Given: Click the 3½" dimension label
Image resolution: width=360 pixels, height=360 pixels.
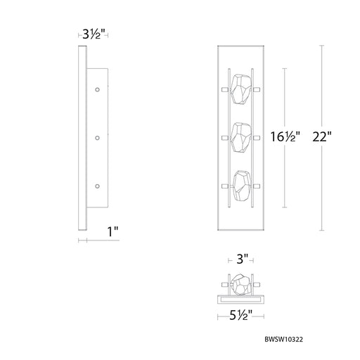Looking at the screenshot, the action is pyautogui.click(x=93, y=34).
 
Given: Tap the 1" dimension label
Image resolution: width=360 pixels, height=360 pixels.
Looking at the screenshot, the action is pyautogui.click(x=112, y=231).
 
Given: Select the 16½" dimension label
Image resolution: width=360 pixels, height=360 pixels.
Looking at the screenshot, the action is pyautogui.click(x=285, y=136).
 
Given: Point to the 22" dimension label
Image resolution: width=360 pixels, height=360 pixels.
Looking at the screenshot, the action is pyautogui.click(x=322, y=136).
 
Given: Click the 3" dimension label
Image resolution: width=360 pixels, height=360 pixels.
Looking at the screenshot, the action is pyautogui.click(x=242, y=259).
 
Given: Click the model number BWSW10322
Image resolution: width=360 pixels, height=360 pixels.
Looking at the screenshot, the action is pyautogui.click(x=283, y=340).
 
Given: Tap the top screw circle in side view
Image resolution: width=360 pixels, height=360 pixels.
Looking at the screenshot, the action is pyautogui.click(x=97, y=89).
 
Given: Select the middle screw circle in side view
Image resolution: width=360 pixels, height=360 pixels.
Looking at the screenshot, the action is pyautogui.click(x=97, y=138).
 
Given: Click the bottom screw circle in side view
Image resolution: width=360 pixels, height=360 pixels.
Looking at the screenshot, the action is pyautogui.click(x=97, y=186).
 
